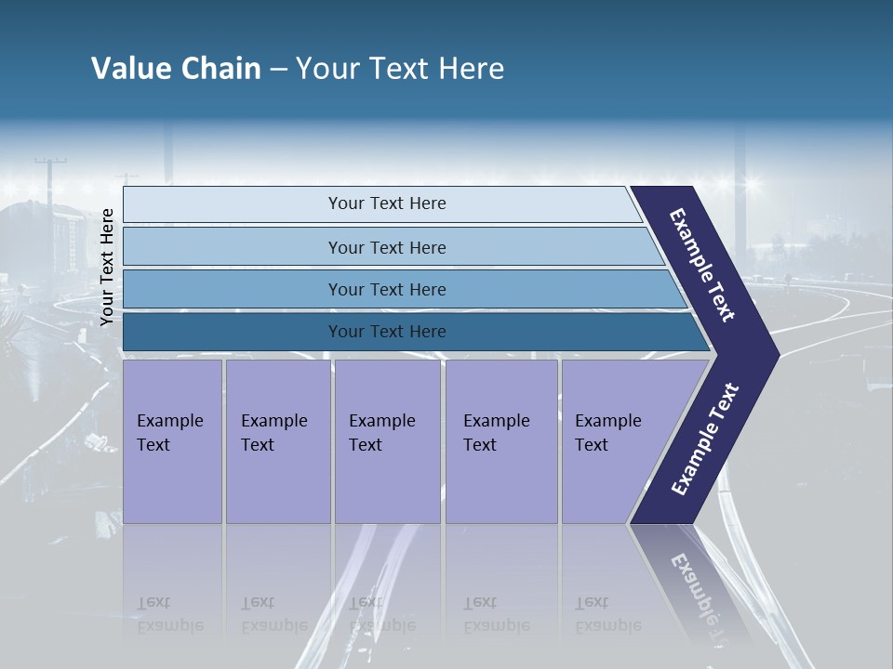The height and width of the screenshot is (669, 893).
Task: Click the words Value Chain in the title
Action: point(176,69)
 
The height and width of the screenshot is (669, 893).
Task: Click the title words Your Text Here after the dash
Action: point(400,69)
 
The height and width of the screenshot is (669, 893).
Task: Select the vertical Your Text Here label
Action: point(107,268)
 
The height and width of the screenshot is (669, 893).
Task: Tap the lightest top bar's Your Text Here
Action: point(387,203)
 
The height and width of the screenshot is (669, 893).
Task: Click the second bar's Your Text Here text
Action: point(387,248)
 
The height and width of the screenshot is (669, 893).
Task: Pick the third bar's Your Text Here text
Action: point(387,290)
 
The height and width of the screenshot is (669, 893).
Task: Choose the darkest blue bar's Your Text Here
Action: point(387,332)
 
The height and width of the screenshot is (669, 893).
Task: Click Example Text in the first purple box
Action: point(169,433)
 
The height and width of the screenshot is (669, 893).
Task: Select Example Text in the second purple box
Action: point(273,433)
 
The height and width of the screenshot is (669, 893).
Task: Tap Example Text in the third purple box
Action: point(381,433)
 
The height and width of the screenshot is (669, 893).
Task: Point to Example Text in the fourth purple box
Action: point(496,433)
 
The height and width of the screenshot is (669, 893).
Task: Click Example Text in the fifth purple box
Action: point(607,433)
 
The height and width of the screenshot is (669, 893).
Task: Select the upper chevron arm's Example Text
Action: point(703,265)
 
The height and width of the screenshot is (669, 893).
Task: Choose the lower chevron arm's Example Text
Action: point(705,439)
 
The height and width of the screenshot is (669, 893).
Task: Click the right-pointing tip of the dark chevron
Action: point(774,355)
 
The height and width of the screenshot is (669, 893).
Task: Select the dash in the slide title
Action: point(278,69)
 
